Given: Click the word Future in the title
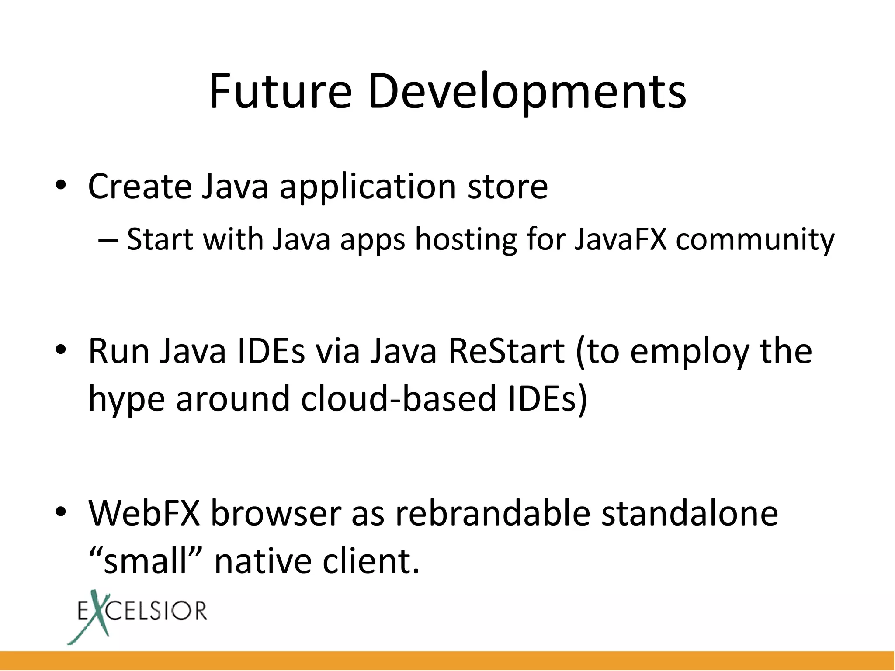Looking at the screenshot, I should click(280, 92).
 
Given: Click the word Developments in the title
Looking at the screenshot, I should click(527, 93).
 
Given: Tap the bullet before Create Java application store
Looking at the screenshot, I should click(61, 185).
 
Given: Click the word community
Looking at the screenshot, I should click(755, 240).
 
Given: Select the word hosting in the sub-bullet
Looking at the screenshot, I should click(465, 240).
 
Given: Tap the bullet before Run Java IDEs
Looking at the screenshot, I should click(61, 350).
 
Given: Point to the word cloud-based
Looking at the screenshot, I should click(398, 398).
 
